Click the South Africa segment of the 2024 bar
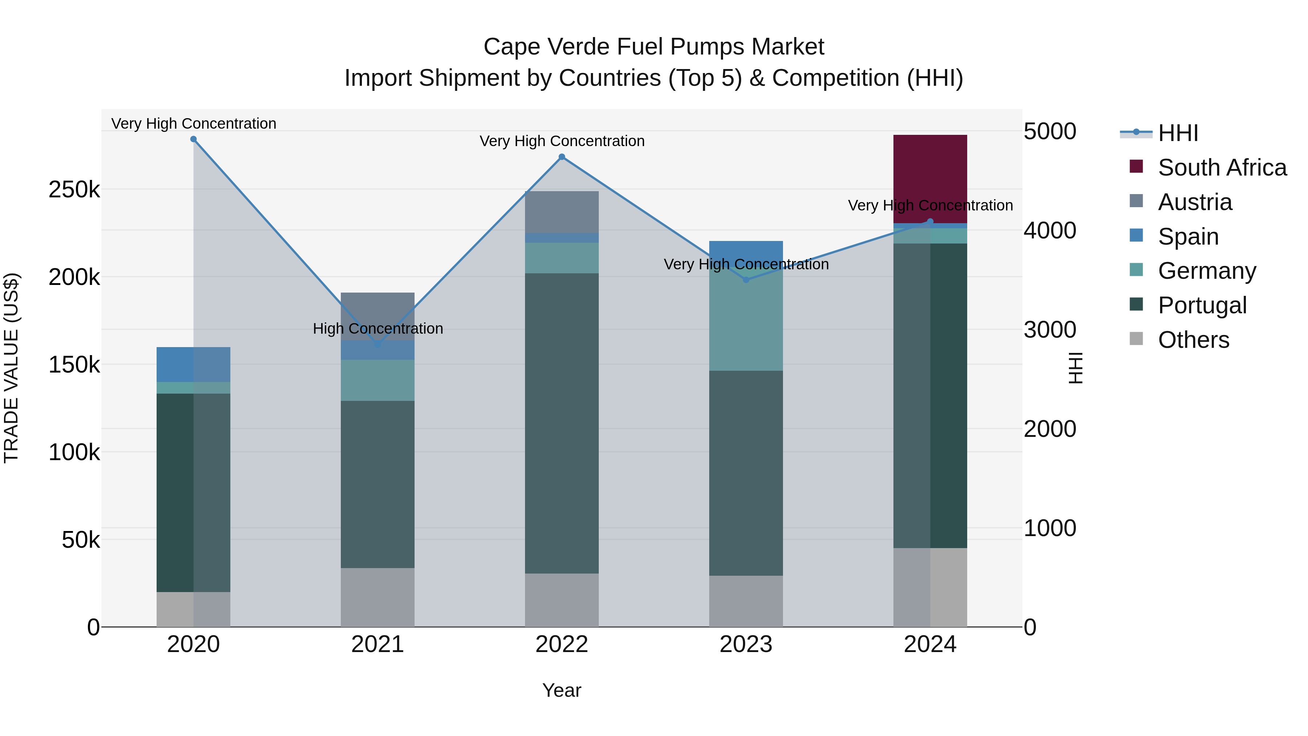pyautogui.click(x=930, y=179)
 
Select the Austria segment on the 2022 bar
pyautogui.click(x=562, y=212)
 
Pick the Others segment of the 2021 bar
pyautogui.click(x=377, y=597)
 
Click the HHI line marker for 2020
pyautogui.click(x=193, y=139)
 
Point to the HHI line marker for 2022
pyautogui.click(x=562, y=157)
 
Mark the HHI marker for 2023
pyautogui.click(x=746, y=280)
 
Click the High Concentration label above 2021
pyautogui.click(x=378, y=329)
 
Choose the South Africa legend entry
pyautogui.click(x=1221, y=168)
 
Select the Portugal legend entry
pyautogui.click(x=1202, y=305)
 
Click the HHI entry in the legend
pyautogui.click(x=1178, y=133)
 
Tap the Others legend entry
pyautogui.click(x=1193, y=340)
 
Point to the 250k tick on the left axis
pyautogui.click(x=74, y=190)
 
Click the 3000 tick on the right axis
pyautogui.click(x=1049, y=330)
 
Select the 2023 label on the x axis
pyautogui.click(x=746, y=644)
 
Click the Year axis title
pyautogui.click(x=562, y=690)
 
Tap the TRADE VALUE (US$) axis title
pyautogui.click(x=12, y=368)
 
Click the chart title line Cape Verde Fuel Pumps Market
pyautogui.click(x=654, y=47)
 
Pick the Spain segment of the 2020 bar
pyautogui.click(x=193, y=364)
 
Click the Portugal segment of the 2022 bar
pyautogui.click(x=562, y=423)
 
